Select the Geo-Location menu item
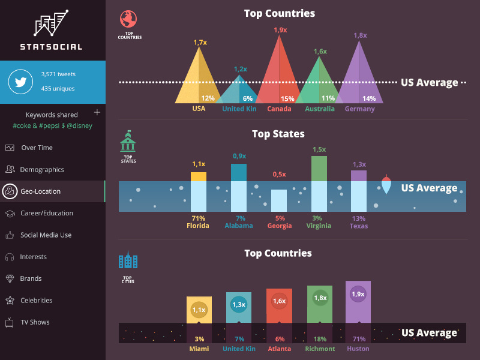tap(41, 191)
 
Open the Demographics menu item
tap(42, 170)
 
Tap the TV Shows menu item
tap(35, 322)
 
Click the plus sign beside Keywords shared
tap(97, 112)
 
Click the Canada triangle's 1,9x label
tap(280, 29)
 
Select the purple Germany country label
tap(359, 109)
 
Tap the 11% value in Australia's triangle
tap(328, 98)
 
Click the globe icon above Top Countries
tap(128, 19)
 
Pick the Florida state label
tap(198, 226)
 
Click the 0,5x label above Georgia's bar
tap(279, 174)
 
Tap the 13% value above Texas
tap(359, 218)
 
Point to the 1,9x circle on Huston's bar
tap(358, 295)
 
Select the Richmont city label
tap(319, 349)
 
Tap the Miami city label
tap(199, 349)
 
